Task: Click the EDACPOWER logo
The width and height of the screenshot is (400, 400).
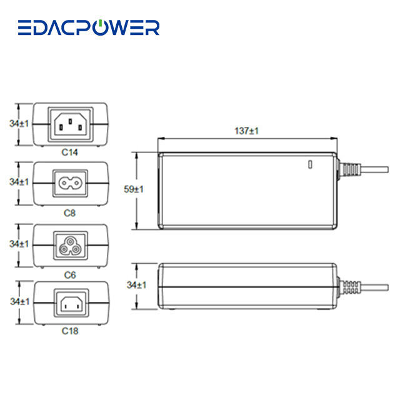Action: click(88, 27)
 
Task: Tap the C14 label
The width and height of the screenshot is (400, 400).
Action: click(70, 151)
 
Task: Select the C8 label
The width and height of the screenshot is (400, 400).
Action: click(70, 212)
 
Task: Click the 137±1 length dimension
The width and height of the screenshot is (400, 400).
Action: click(247, 131)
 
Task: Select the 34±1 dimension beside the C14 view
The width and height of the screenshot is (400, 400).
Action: click(19, 124)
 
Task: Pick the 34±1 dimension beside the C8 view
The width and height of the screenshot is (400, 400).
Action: click(19, 182)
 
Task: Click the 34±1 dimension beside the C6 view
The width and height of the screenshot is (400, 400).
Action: click(19, 243)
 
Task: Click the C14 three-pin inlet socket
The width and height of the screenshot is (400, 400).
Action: click(70, 122)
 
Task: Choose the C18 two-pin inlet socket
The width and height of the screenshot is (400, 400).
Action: click(70, 304)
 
